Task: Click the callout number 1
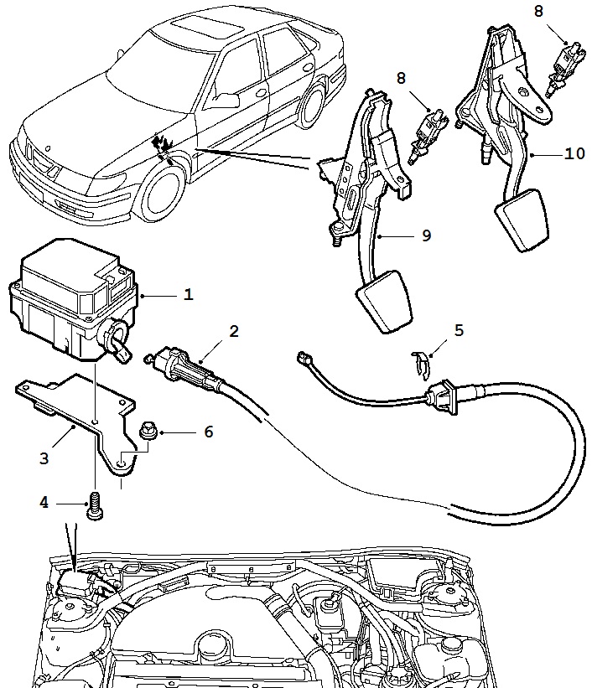pos(189,295)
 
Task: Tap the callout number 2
pos(234,331)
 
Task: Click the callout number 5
pos(458,330)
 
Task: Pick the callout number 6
pos(208,432)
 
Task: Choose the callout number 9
pos(426,235)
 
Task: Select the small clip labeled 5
pos(422,362)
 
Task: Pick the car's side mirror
pos(224,101)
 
